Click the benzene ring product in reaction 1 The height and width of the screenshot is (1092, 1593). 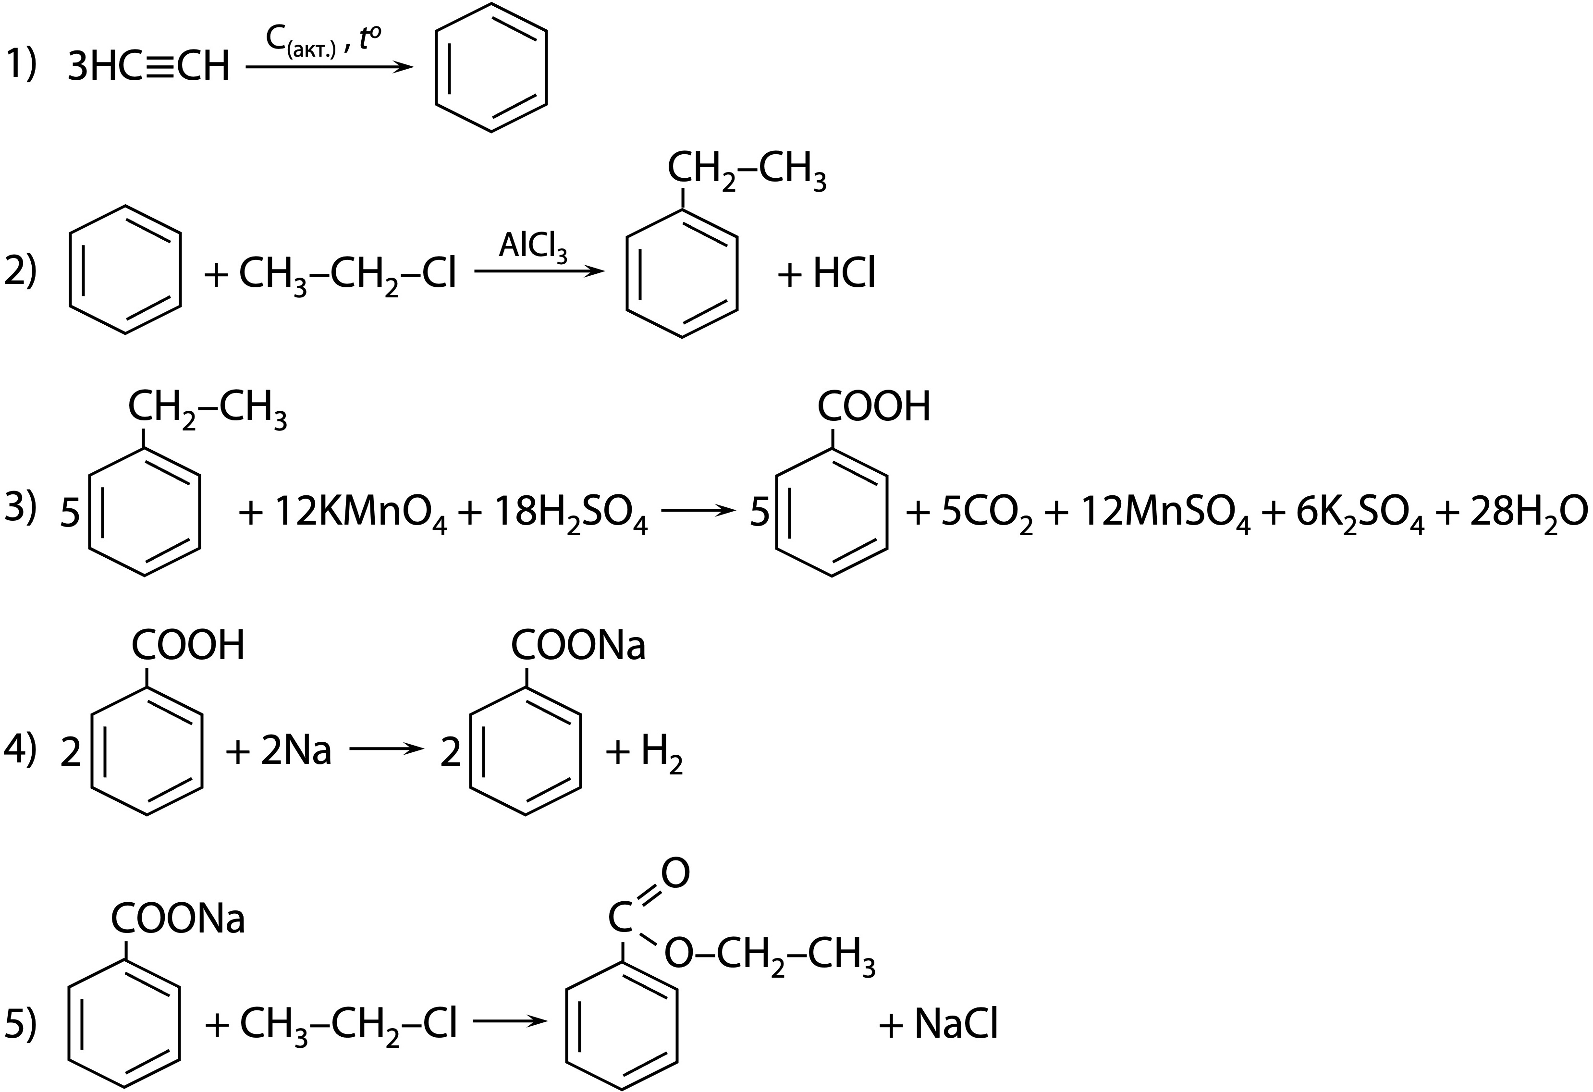coord(491,67)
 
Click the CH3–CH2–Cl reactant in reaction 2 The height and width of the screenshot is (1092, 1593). coord(347,274)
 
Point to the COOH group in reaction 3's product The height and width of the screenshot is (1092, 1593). coord(874,407)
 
